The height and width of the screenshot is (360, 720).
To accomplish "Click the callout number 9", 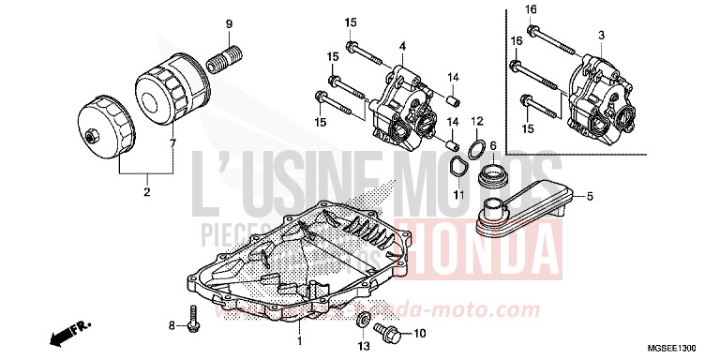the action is [226, 22].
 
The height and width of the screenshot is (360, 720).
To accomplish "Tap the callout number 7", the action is [172, 143].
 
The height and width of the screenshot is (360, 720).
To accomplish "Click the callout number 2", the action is [146, 192].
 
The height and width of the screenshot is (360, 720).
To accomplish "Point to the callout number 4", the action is [401, 46].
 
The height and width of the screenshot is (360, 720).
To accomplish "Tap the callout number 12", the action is [476, 122].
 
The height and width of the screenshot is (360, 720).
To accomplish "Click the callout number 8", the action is [172, 326].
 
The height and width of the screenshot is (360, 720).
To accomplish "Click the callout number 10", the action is [419, 332].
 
